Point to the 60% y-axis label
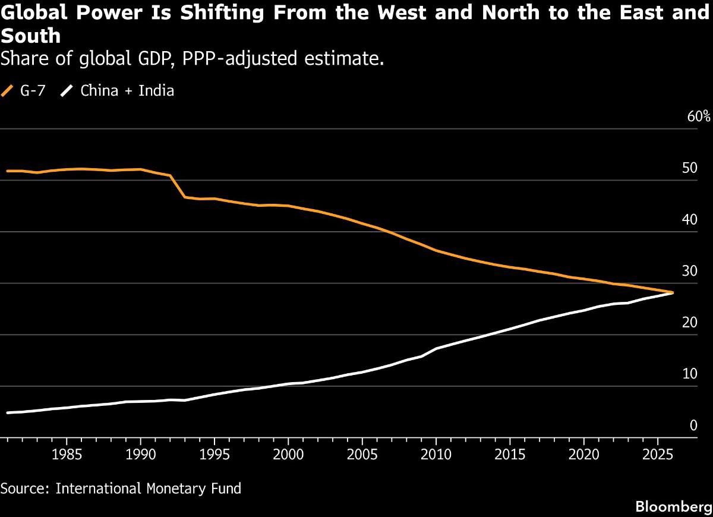699,116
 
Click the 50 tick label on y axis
690,168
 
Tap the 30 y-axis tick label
690,272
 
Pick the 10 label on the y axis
690,374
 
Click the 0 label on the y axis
693,425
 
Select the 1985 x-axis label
66,455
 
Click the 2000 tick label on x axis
288,455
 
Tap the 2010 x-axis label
436,455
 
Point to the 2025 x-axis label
658,455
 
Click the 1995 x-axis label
214,455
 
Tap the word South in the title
30,37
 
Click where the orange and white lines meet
672,292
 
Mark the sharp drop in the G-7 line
178,186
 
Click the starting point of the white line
8,412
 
